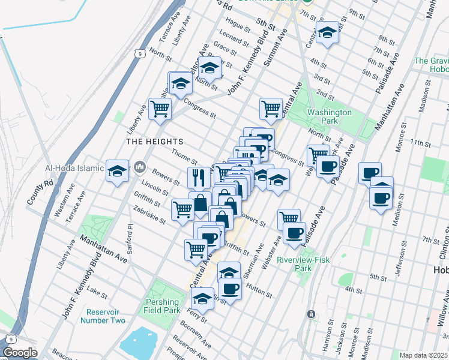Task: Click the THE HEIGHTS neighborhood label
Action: pos(146,141)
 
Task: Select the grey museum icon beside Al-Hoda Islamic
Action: pos(140,166)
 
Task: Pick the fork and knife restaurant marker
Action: pos(199,177)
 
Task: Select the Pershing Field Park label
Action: pos(162,306)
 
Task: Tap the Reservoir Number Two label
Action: pos(106,316)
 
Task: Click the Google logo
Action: pos(20,353)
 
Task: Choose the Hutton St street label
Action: pos(259,292)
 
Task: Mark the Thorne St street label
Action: pos(184,157)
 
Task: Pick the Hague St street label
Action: pos(238,25)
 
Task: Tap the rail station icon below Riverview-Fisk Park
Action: pos(311,314)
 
